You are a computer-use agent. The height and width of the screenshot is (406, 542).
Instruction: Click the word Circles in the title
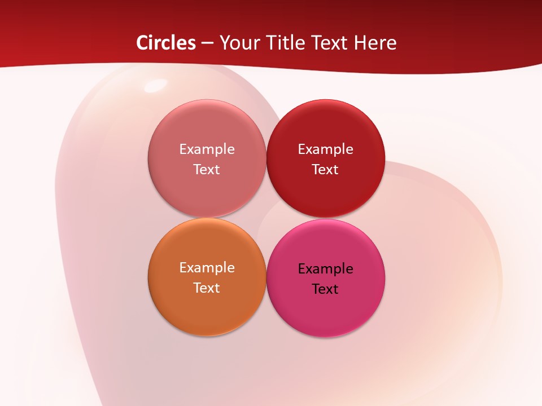(165, 43)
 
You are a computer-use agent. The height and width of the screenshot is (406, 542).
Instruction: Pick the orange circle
(207, 307)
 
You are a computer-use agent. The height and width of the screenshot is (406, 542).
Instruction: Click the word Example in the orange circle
(207, 268)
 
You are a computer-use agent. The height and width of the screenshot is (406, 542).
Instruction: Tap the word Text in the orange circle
(207, 288)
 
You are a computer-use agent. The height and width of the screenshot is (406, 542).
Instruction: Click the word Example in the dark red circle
(325, 149)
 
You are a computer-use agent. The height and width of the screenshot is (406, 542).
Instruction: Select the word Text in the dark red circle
(325, 169)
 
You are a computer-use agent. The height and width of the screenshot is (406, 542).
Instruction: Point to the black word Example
(325, 269)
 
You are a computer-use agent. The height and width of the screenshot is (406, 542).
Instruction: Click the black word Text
(325, 289)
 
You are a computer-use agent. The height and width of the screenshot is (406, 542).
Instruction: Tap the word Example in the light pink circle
(207, 149)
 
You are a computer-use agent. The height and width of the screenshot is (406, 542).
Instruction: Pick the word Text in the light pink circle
(207, 169)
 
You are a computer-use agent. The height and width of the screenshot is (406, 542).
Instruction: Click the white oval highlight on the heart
(154, 86)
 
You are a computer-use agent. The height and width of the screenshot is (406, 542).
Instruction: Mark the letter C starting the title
(142, 43)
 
